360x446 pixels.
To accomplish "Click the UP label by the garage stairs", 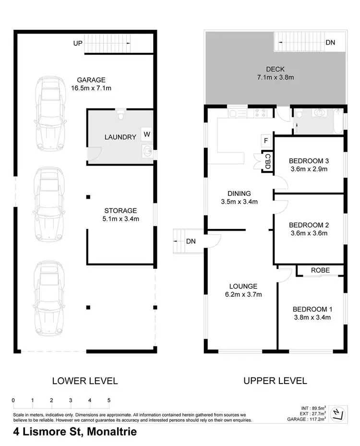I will pyautogui.click(x=78, y=43).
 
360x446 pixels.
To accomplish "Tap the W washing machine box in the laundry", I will pyautogui.click(x=146, y=133).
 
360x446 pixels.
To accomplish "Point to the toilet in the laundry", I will pyautogui.click(x=121, y=115).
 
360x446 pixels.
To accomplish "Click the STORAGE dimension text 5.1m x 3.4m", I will pyautogui.click(x=121, y=219).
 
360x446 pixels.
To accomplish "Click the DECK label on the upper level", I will pyautogui.click(x=275, y=69).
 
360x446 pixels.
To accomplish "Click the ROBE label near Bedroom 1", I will pyautogui.click(x=320, y=270).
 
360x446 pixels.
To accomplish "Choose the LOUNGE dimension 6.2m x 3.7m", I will pyautogui.click(x=243, y=295).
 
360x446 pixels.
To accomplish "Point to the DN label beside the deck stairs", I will pyautogui.click(x=330, y=43).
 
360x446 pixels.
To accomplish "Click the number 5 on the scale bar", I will pyautogui.click(x=109, y=399).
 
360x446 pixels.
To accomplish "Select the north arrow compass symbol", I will pyautogui.click(x=338, y=412).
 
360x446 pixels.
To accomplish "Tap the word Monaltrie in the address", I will pyautogui.click(x=110, y=432).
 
